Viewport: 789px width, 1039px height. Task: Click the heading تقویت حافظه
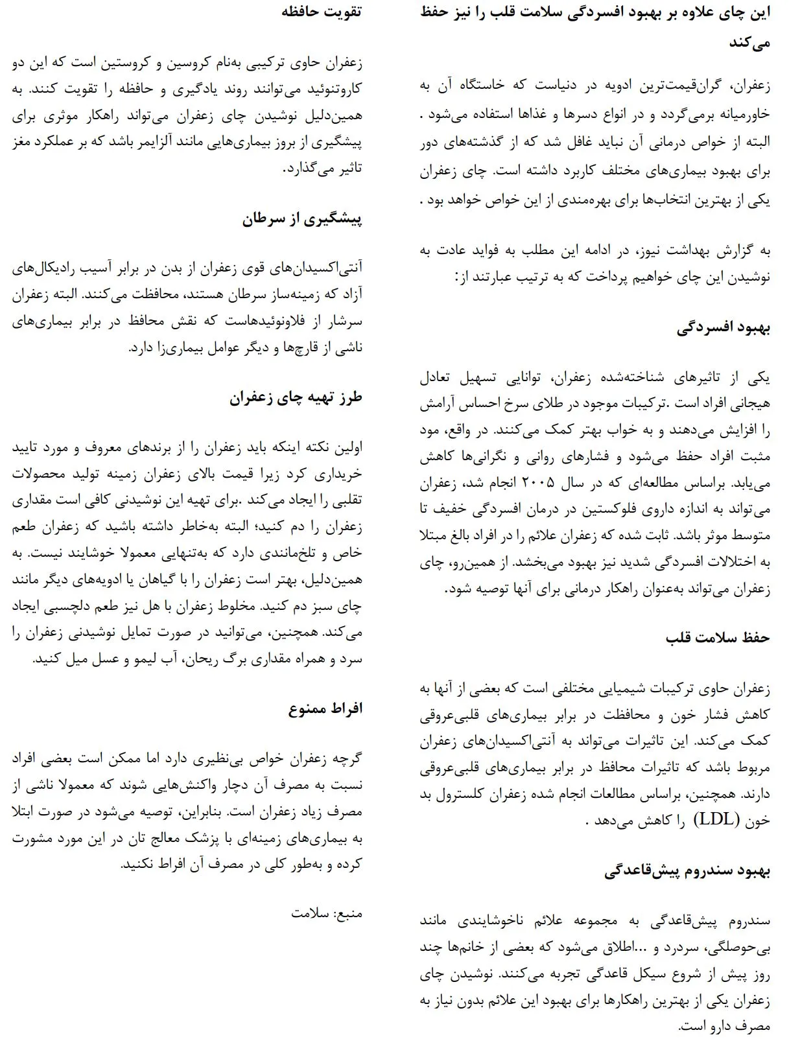(x=321, y=12)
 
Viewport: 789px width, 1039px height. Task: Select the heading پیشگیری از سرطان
(x=302, y=219)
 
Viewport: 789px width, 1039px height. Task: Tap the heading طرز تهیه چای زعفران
(x=295, y=397)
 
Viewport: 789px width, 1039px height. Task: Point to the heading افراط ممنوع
(x=325, y=708)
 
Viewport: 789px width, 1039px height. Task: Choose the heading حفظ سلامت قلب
(x=718, y=637)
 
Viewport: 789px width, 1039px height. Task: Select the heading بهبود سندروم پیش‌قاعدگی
(x=687, y=870)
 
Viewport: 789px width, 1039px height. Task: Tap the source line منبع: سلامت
(x=327, y=914)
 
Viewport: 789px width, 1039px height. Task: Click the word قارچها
(x=294, y=348)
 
